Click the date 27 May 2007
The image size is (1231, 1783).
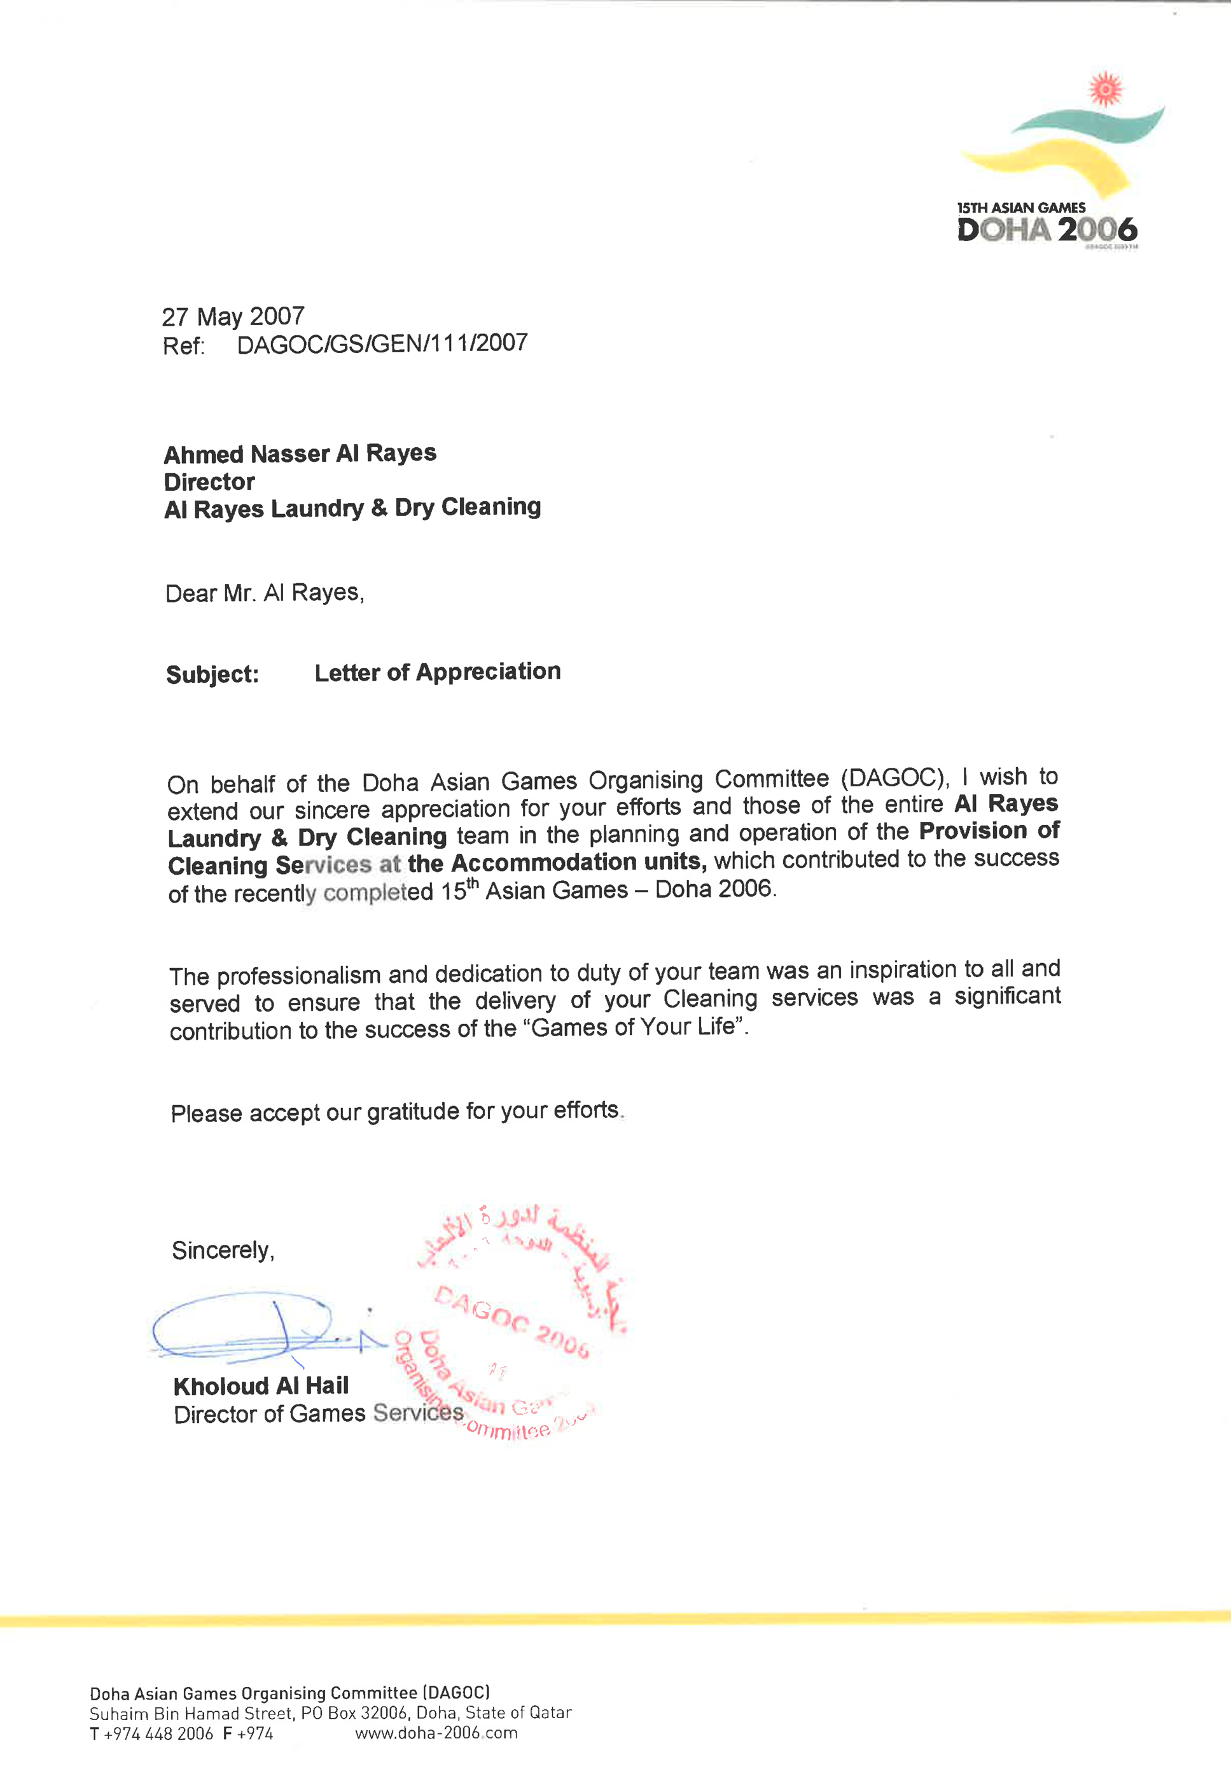coord(233,316)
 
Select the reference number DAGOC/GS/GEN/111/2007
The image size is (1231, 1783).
coord(382,344)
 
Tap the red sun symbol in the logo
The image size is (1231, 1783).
coord(1104,90)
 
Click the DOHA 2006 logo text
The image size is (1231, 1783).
coord(1047,230)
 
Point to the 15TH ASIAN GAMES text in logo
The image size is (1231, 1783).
coord(1020,207)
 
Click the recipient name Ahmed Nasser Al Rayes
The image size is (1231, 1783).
coord(300,454)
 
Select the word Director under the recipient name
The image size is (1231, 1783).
coord(209,482)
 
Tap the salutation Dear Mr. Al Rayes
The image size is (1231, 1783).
coord(265,593)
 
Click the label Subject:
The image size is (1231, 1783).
coord(212,675)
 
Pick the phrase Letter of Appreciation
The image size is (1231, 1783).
coord(437,672)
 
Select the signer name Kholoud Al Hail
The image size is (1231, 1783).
coord(261,1386)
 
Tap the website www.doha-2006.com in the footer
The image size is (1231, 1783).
coord(436,1733)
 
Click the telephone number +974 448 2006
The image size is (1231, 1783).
coord(158,1733)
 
